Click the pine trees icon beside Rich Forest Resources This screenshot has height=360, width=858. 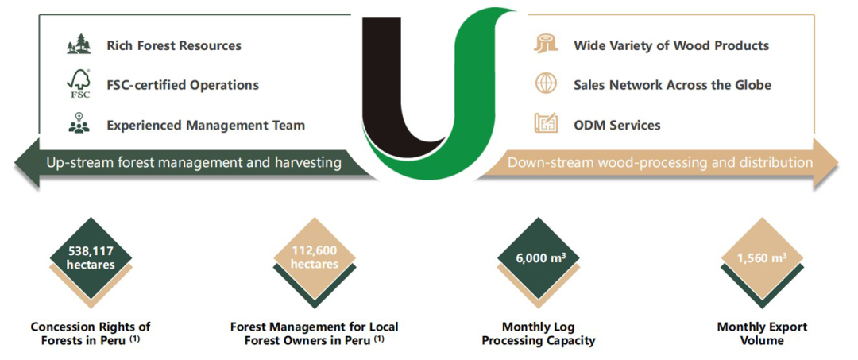coord(79,45)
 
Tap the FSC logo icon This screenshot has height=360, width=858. coord(79,85)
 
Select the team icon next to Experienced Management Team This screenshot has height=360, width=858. coord(79,124)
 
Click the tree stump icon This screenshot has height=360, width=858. coord(545,45)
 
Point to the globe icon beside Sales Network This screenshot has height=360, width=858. coord(545,85)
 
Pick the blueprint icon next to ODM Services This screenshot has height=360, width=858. coord(545,124)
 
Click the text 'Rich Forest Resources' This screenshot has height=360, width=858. coord(174,45)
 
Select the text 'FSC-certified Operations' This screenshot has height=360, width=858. coord(183,85)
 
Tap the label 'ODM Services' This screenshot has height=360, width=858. coord(617,126)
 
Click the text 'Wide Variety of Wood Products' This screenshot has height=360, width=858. coord(671,45)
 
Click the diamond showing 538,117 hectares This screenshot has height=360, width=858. coord(91,257)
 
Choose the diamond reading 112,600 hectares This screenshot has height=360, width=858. coord(314,257)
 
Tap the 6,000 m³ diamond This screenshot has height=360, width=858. coord(538,257)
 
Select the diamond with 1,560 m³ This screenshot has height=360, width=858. coord(762,257)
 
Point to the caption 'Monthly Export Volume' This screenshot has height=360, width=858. coord(762,334)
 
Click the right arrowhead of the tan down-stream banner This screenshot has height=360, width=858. coord(826,162)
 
